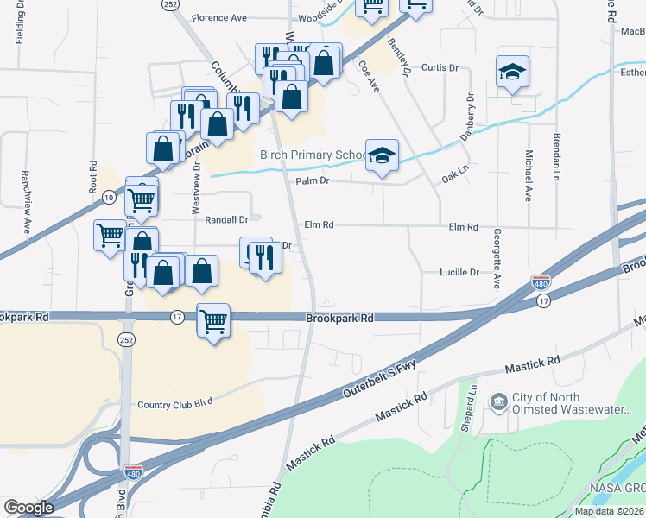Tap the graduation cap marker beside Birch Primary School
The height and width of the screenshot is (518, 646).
point(382,155)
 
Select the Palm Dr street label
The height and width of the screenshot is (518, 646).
point(313,181)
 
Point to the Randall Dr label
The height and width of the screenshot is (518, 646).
point(226,220)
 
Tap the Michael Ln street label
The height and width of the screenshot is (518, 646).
point(528,176)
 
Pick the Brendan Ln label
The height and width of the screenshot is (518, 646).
point(556,162)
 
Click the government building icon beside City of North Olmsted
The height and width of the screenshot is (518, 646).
point(498,402)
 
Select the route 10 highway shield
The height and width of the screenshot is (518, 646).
point(108,198)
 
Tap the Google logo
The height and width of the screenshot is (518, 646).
point(28,508)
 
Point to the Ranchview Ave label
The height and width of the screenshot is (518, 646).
point(25,211)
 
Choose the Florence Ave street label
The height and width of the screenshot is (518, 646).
point(219,17)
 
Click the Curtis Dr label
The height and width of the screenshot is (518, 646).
point(439,67)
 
